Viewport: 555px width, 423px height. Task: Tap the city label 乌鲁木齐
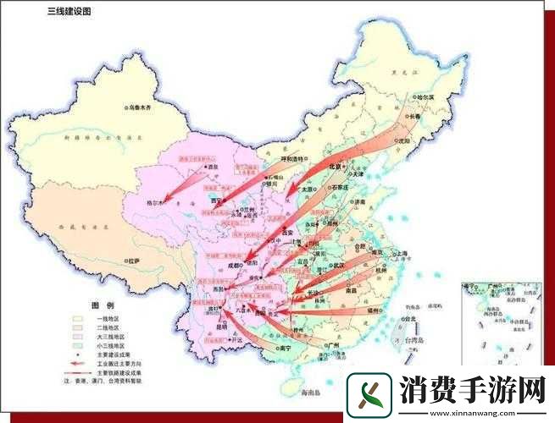click(x=143, y=108)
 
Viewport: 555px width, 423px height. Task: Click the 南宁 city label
click(x=286, y=347)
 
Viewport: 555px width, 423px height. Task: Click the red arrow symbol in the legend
click(x=78, y=362)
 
